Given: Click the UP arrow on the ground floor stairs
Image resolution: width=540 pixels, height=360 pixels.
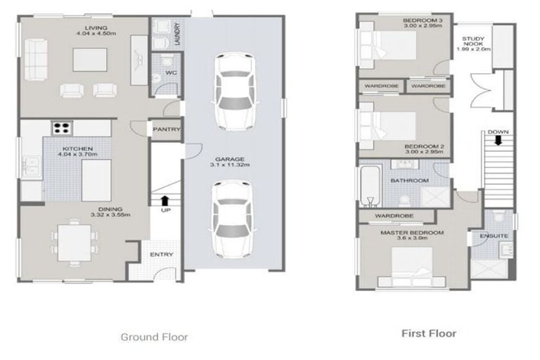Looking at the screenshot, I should [165, 200].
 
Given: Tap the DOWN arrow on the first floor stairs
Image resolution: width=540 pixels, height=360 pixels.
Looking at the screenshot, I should [498, 140].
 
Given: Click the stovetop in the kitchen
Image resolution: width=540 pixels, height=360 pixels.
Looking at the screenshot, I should [62, 128].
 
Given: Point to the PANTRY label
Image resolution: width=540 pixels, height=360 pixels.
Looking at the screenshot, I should [167, 129].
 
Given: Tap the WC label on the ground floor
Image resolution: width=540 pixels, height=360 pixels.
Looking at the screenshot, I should [170, 72].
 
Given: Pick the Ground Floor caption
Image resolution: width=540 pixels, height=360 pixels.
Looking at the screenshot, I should [154, 337].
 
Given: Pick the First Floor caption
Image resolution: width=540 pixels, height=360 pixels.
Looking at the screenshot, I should [428, 333].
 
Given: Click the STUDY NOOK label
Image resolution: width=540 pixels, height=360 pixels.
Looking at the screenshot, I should [471, 44].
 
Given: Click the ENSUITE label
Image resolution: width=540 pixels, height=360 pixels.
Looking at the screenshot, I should [494, 237].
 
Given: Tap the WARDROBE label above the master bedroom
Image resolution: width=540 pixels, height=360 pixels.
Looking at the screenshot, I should [393, 215].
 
